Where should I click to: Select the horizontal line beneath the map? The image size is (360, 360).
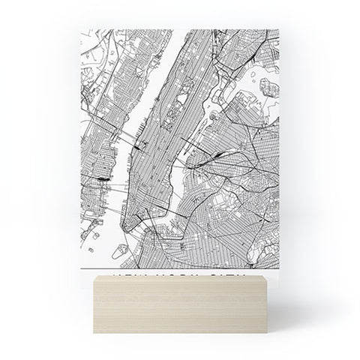click(179, 265)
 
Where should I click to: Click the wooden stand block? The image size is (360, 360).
click(180, 307)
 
